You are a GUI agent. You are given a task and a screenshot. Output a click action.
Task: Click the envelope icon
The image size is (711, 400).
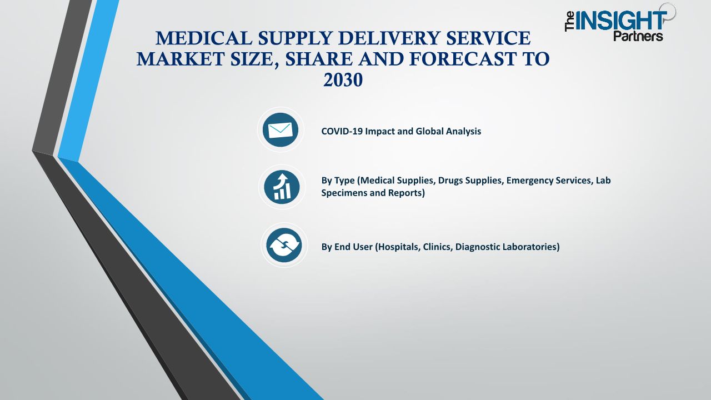click(281, 130)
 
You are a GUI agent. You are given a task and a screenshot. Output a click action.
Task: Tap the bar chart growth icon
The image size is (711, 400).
click(282, 187)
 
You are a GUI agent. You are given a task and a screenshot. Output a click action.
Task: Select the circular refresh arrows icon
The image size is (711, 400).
click(284, 245)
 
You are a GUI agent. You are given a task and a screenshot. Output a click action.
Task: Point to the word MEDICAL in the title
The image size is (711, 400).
click(204, 38)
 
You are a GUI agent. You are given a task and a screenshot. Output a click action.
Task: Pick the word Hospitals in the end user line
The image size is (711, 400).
click(398, 247)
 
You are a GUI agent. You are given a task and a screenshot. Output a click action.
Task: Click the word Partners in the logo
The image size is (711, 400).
click(638, 36)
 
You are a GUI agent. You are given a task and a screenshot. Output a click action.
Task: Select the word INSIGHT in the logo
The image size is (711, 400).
click(621, 21)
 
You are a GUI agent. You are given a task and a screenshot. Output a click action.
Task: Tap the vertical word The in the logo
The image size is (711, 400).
click(569, 21)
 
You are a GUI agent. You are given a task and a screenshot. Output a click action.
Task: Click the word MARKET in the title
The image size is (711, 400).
click(181, 59)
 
